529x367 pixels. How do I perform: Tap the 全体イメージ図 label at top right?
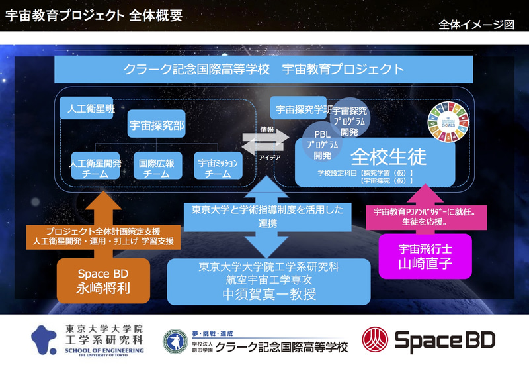click(476, 25)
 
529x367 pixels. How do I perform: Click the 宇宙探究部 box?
click(156, 123)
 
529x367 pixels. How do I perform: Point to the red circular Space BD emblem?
click(374, 339)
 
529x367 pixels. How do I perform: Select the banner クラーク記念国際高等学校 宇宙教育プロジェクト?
click(264, 70)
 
